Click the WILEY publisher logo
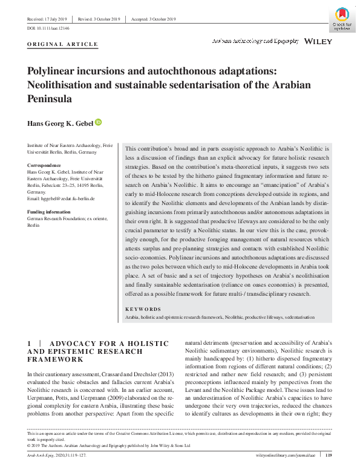(318, 42)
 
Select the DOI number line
(49, 28)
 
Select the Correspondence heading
(45, 165)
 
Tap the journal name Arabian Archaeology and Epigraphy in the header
(255, 42)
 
